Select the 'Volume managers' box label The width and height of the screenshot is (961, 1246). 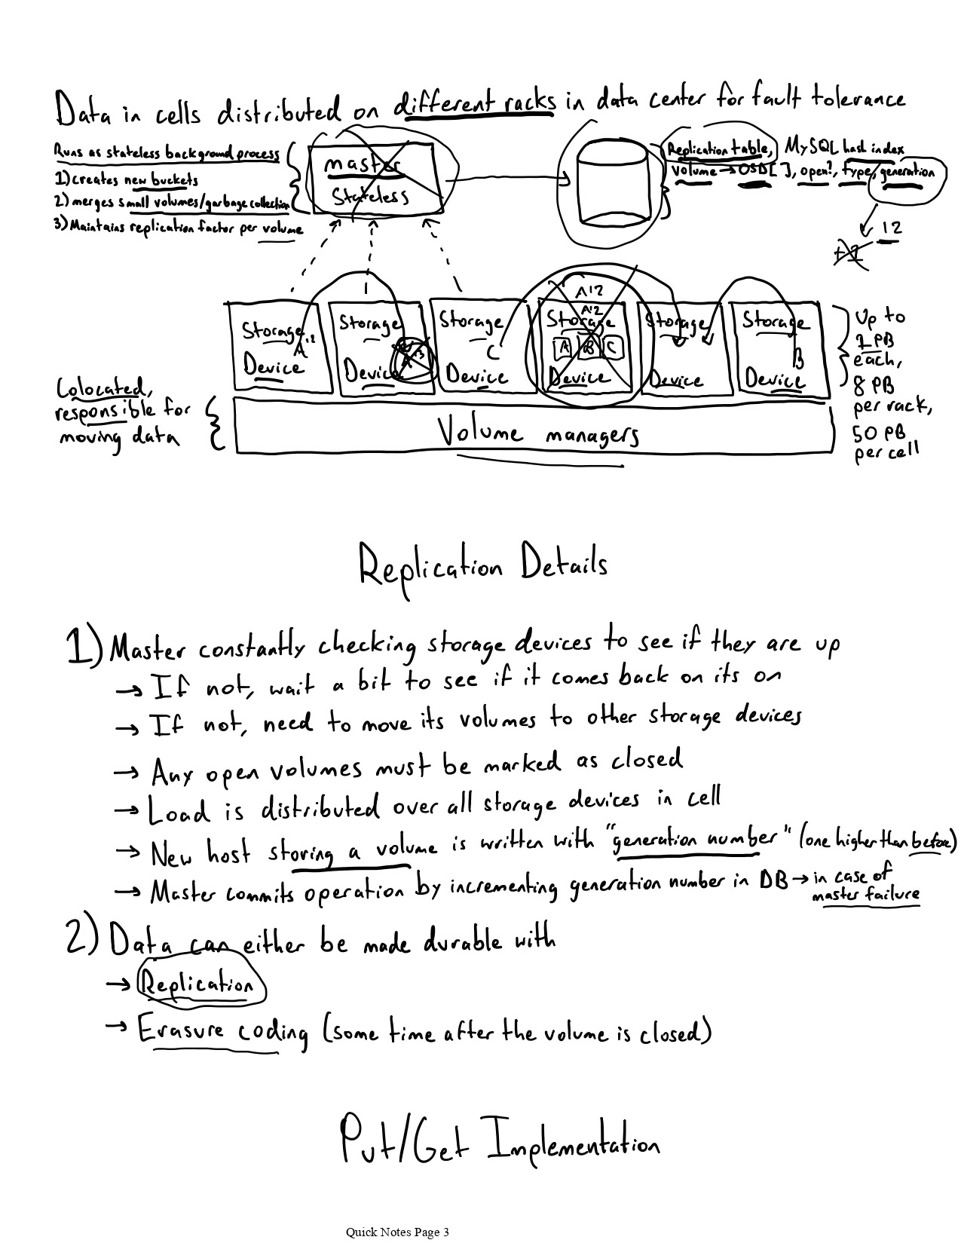[538, 433]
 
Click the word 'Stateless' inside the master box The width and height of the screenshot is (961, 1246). [370, 197]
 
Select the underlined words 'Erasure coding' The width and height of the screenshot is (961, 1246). [222, 1030]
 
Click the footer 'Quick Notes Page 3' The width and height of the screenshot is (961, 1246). [397, 1232]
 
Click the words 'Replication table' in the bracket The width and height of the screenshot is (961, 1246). [718, 149]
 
